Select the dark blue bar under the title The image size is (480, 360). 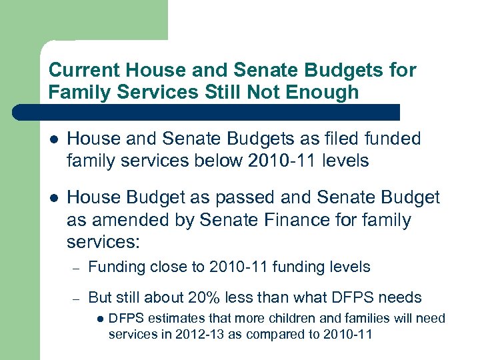pyautogui.click(x=200, y=112)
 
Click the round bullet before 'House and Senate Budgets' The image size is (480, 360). pyautogui.click(x=53, y=139)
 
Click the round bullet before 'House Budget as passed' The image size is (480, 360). pyautogui.click(x=53, y=198)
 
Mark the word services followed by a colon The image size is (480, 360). pyautogui.click(x=97, y=240)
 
